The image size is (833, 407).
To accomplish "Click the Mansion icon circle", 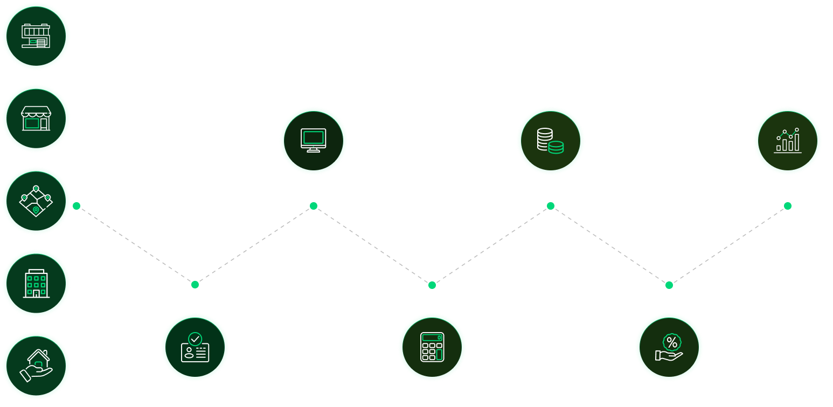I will [x=36, y=36].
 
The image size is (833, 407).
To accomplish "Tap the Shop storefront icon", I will [x=36, y=119].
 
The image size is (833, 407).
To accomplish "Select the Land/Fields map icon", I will [x=36, y=201].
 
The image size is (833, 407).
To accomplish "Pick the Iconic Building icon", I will [x=36, y=284].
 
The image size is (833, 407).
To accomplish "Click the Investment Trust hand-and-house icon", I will [x=36, y=366].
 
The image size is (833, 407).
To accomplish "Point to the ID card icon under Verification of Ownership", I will [x=195, y=347].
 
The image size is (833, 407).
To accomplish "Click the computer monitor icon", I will [x=314, y=140].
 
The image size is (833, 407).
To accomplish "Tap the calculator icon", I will [x=432, y=347].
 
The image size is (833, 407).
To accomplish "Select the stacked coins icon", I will [x=551, y=140].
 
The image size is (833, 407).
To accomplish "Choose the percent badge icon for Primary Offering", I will [x=669, y=347].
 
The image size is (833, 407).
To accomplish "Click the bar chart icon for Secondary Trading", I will [x=788, y=140].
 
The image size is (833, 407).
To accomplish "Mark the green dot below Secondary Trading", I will [x=788, y=206].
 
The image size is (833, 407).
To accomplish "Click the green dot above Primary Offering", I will [x=669, y=285].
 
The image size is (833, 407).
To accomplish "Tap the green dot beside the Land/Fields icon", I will [x=77, y=206].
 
